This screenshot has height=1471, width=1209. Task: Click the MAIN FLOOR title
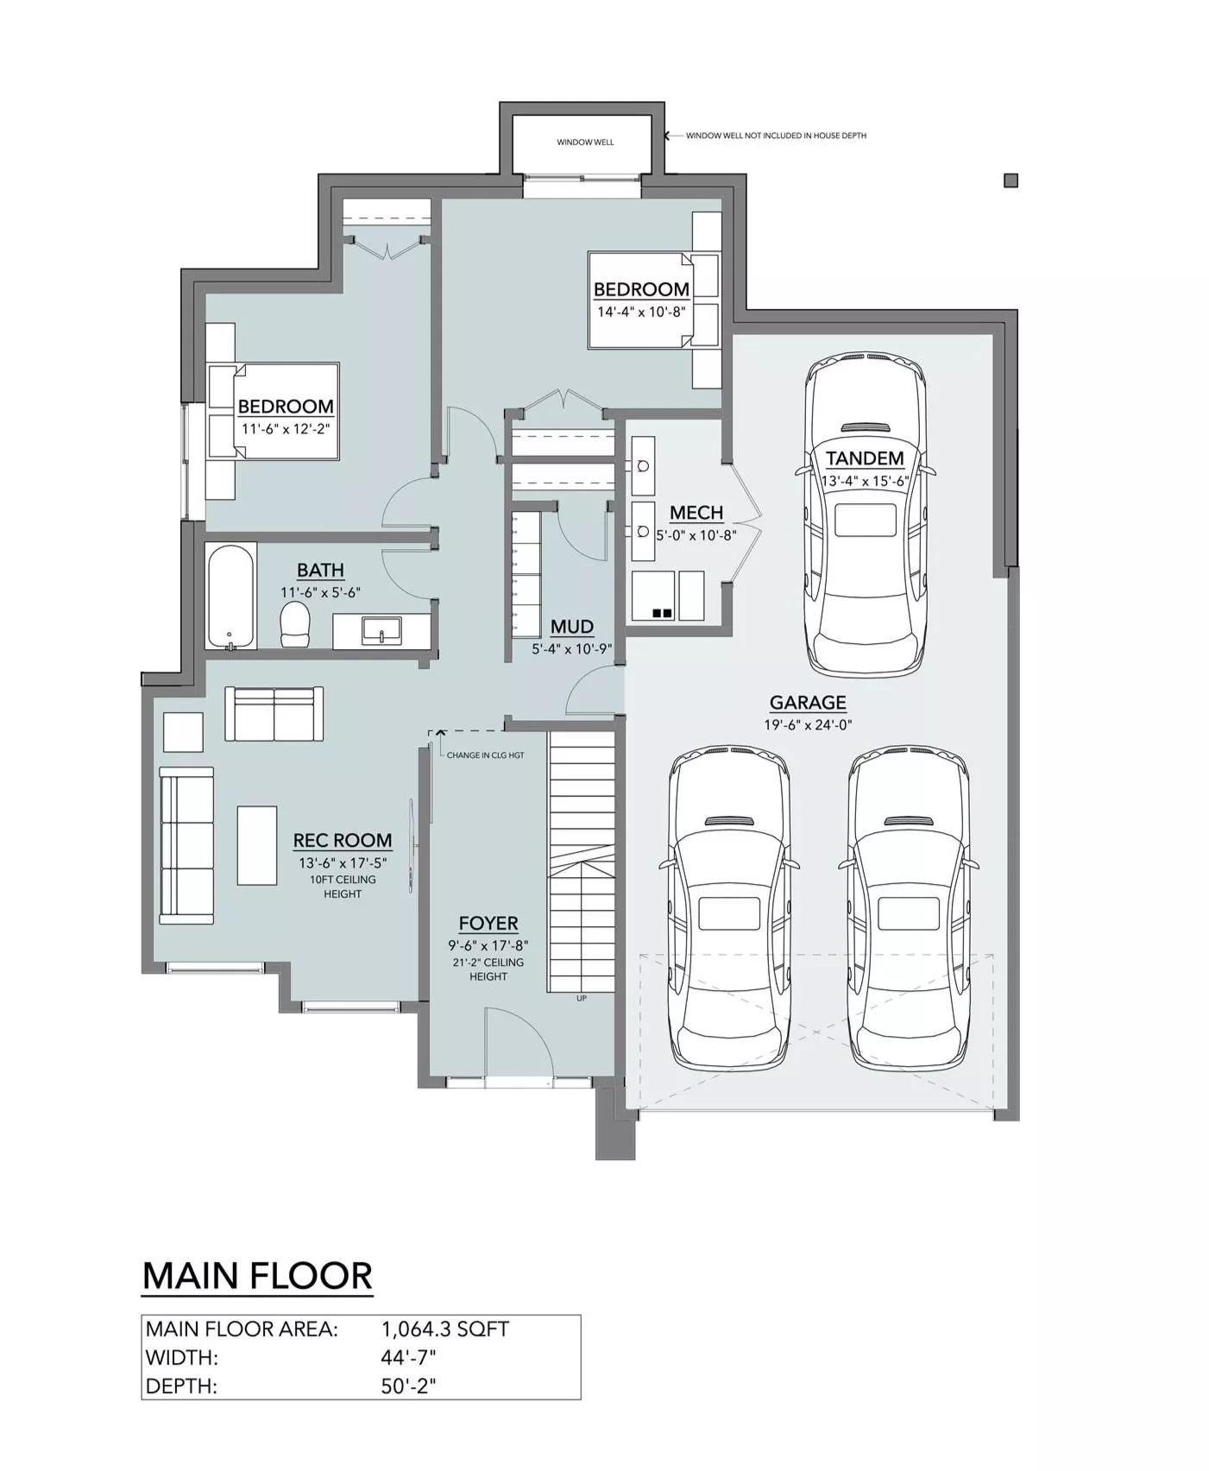[257, 1276]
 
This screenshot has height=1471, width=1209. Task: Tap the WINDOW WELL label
[585, 142]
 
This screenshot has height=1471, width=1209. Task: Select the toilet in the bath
[295, 625]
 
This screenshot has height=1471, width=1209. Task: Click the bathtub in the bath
[231, 596]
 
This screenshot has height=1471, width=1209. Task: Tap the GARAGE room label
[808, 703]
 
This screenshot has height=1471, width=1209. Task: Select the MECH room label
[696, 513]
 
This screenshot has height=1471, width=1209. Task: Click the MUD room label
[572, 627]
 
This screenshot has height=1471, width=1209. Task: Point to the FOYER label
[488, 923]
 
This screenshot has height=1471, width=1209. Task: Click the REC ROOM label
[343, 840]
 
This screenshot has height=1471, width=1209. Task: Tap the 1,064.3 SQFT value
[445, 1329]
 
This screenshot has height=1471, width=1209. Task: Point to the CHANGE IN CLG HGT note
[485, 755]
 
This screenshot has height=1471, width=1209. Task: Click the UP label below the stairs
[582, 999]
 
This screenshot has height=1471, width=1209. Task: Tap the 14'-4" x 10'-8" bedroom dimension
[641, 312]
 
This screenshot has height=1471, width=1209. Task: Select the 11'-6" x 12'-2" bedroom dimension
[286, 428]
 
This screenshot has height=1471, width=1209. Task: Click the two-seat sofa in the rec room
[274, 713]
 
